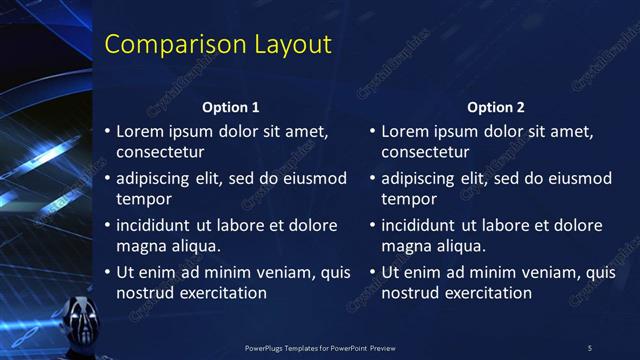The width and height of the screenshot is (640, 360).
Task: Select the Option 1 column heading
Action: [x=231, y=107]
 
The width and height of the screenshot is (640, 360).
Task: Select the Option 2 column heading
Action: [x=495, y=107]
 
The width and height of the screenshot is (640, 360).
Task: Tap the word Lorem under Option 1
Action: [x=140, y=131]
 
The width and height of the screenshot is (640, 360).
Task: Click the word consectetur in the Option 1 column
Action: [x=160, y=153]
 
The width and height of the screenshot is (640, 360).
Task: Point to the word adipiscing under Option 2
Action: [x=419, y=179]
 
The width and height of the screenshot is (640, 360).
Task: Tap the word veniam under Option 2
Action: [x=544, y=272]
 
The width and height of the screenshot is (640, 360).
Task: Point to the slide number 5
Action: [x=589, y=347]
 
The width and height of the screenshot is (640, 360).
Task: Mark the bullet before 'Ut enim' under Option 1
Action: [x=108, y=272]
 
